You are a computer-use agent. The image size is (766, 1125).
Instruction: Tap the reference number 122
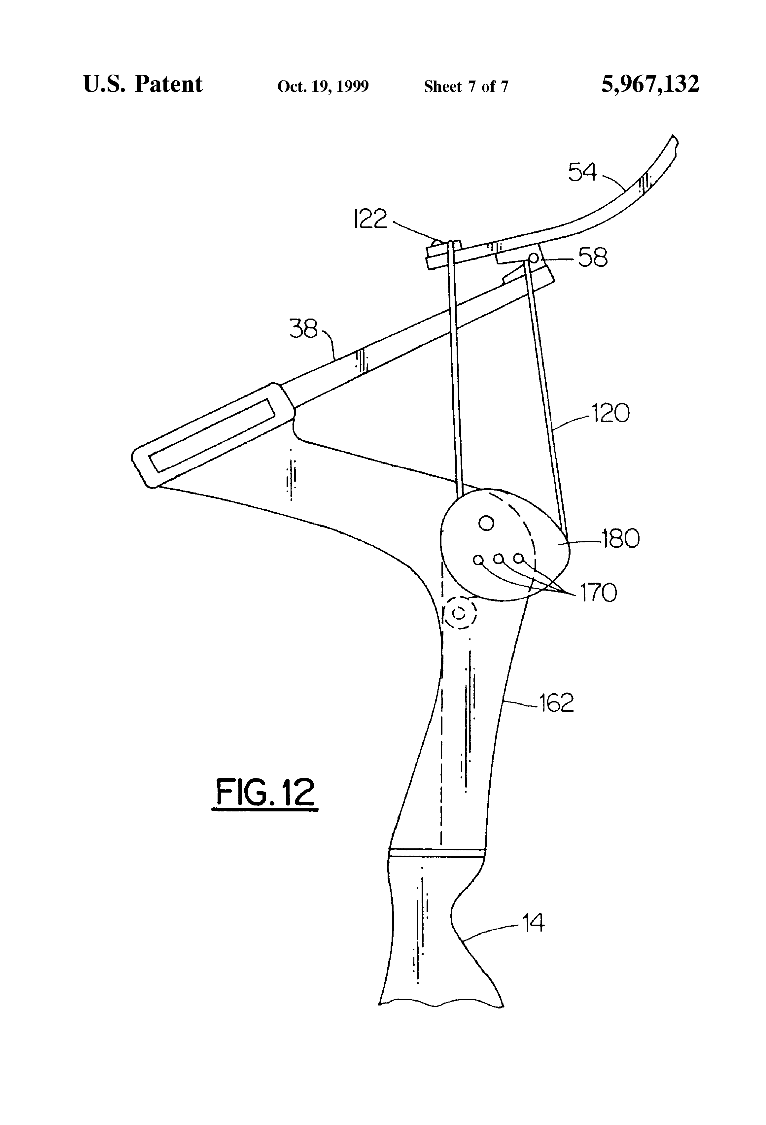pos(370,219)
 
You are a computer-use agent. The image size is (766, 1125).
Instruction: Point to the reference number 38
pos(303,329)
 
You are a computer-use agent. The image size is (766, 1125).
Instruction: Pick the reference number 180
pos(620,538)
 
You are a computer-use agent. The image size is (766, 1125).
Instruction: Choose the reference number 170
pos(599,593)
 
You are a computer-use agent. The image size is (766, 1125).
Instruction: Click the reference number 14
pos(533,923)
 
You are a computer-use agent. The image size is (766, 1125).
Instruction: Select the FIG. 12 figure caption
pos(265,793)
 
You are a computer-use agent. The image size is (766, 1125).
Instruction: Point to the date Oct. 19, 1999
pos(323,86)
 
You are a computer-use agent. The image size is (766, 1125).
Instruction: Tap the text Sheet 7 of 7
pos(466,86)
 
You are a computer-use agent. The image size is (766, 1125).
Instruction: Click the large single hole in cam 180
pos(486,523)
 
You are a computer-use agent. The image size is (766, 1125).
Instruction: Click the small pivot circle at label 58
pos(533,257)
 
